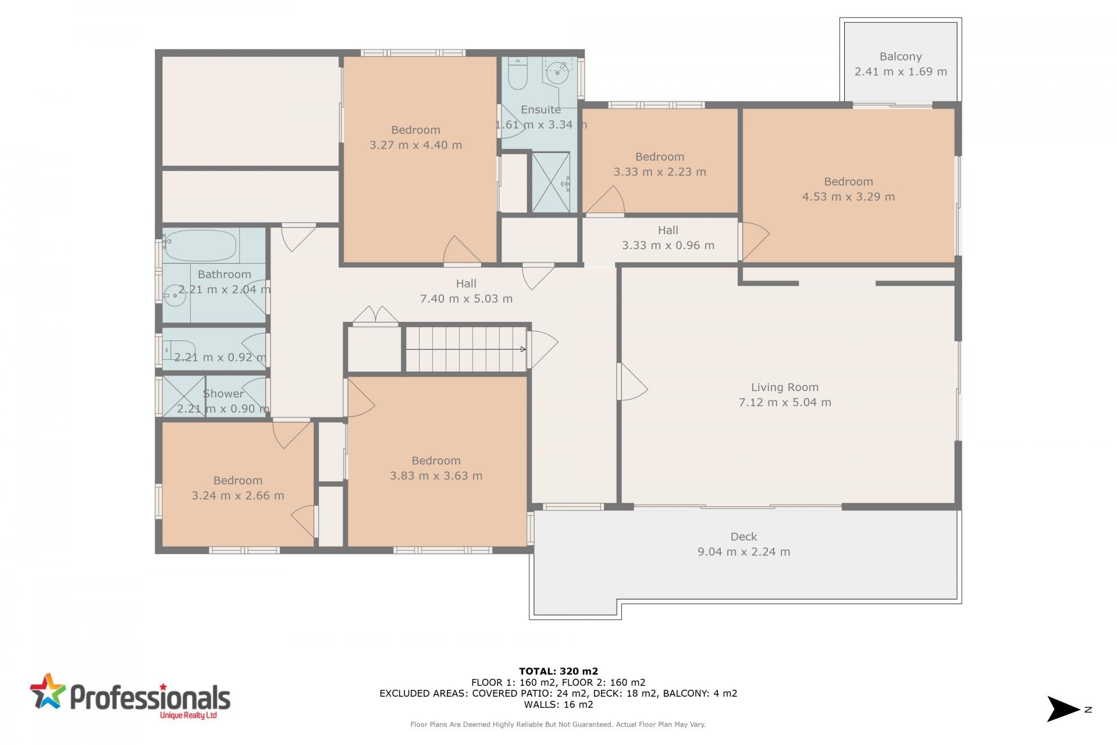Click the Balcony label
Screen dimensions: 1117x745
(901, 57)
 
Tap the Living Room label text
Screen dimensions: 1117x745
(785, 388)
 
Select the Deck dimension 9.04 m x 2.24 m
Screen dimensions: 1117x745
(744, 552)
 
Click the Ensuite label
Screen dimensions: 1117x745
(541, 109)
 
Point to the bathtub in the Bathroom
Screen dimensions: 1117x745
(201, 246)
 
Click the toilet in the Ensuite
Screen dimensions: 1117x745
(517, 73)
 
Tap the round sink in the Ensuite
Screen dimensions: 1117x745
(557, 72)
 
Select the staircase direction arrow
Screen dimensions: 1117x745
(466, 349)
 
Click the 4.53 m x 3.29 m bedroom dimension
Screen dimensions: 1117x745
(849, 197)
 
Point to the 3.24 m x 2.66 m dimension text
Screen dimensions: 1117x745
(238, 496)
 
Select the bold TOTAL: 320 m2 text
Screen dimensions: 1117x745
(558, 671)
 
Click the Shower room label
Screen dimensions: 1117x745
(223, 394)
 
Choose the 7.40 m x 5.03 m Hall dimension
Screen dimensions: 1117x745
(467, 299)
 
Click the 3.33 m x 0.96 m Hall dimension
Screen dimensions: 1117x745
(668, 246)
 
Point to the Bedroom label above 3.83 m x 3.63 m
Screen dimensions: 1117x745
(436, 461)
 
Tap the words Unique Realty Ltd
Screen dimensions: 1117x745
(188, 715)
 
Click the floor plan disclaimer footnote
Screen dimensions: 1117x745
(558, 725)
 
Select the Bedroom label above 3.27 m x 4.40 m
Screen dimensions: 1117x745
(416, 130)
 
